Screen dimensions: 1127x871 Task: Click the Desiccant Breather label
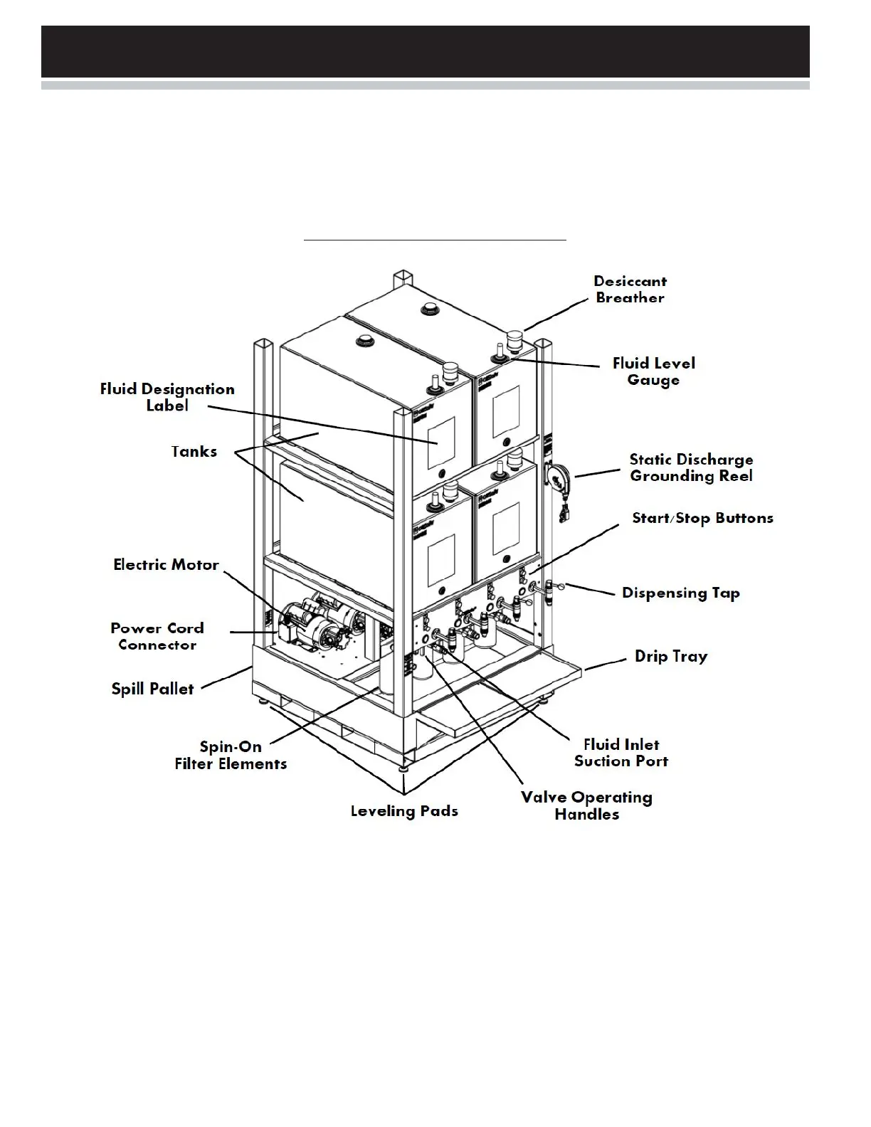coord(630,290)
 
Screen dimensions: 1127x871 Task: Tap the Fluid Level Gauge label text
coord(653,371)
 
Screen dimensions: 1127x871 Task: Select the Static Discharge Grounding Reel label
coord(690,468)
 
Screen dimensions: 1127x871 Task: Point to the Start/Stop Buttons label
coord(702,518)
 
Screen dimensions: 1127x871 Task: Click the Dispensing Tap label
coord(680,593)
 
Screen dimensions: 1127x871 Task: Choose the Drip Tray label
coord(671,656)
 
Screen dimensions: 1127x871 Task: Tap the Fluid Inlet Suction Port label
coord(621,753)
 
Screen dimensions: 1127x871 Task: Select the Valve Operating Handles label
coord(586,806)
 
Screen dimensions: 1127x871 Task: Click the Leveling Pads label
coord(404,811)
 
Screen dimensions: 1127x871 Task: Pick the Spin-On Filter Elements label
coord(231,756)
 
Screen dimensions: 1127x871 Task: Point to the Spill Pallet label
coord(152,689)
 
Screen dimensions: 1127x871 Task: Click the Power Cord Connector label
coord(157,636)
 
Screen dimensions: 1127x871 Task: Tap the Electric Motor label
coord(166,565)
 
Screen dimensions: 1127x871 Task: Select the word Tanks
coord(194,452)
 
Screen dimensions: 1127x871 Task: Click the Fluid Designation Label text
coord(167,397)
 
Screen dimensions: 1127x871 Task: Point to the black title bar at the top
coord(425,51)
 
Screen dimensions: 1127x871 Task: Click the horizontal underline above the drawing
coord(435,240)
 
